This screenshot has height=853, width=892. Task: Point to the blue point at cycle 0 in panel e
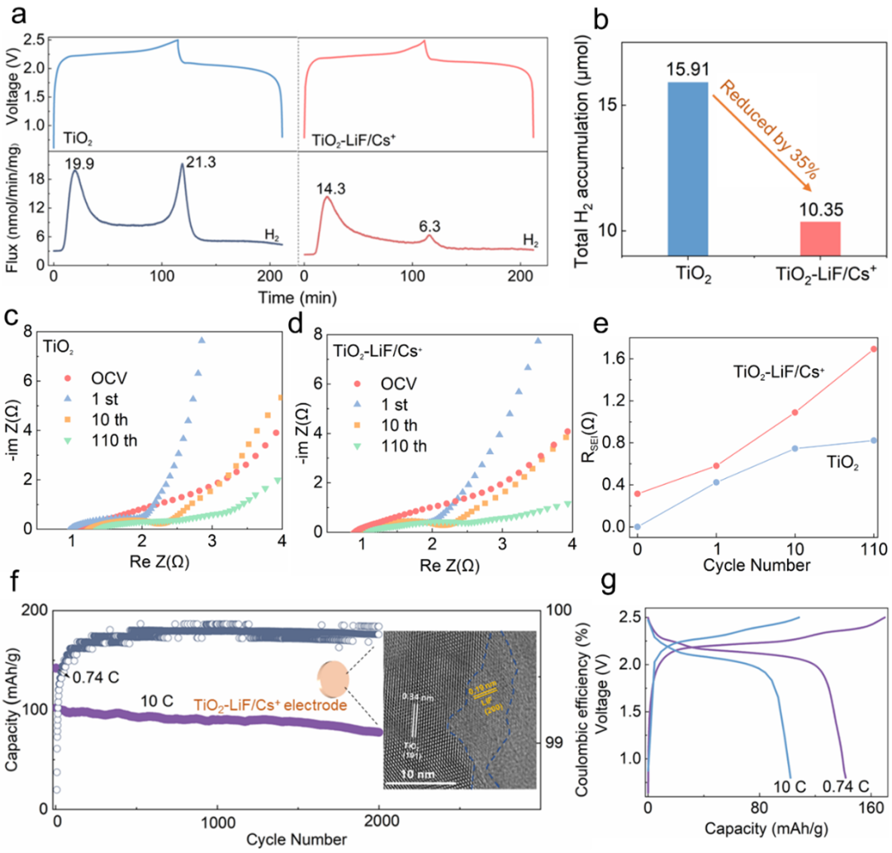tap(637, 526)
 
